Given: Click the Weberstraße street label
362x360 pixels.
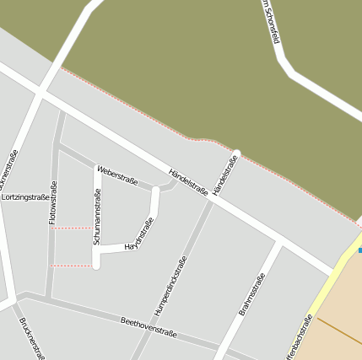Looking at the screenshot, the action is (x=117, y=175).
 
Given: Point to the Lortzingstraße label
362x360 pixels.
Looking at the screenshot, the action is (x=25, y=197).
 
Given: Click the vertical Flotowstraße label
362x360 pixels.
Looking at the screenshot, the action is (x=53, y=202).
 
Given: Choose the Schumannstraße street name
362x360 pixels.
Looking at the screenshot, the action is (x=97, y=218).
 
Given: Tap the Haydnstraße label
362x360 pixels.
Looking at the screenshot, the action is (x=139, y=235).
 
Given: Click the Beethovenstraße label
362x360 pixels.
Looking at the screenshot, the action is (x=149, y=327).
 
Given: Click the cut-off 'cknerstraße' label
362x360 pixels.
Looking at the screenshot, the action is (x=8, y=169).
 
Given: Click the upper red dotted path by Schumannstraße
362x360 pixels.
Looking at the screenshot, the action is (x=73, y=228).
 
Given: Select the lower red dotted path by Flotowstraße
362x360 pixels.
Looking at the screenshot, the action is (x=72, y=266).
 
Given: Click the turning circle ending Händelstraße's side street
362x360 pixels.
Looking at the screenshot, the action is (x=237, y=153).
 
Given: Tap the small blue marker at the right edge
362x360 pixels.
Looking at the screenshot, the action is (x=359, y=250).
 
